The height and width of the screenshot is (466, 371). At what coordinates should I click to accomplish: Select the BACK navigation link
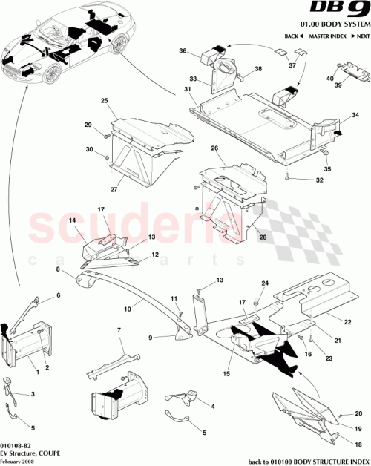[292, 36]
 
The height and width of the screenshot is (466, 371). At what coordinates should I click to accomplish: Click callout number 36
[183, 50]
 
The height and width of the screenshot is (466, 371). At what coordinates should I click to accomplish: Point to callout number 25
[105, 100]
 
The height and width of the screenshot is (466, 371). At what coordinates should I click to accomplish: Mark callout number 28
[263, 237]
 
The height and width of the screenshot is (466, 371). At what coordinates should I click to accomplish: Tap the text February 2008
[18, 462]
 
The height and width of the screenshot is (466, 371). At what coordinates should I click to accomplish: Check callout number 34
[355, 115]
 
